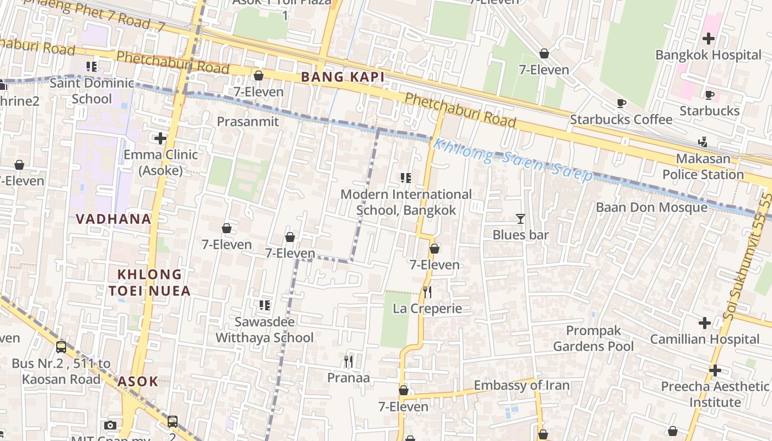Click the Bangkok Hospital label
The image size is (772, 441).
pos(708,55)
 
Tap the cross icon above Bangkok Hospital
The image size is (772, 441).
pos(709,39)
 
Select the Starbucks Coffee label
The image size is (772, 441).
pos(621,120)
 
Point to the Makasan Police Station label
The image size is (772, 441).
pos(703,166)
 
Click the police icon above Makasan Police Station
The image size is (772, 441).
pos(703,142)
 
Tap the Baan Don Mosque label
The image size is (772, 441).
pos(651,207)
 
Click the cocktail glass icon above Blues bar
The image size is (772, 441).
pos(520,219)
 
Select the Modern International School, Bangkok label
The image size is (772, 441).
pos(406,202)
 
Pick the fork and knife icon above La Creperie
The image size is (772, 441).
pos(427,292)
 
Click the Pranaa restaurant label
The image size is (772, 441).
pos(349,378)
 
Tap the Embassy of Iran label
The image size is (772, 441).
pos(521,385)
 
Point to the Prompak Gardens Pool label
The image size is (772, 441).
pos(593,338)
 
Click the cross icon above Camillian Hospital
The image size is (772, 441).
pos(704,322)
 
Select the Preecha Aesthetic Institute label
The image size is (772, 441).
pos(715,394)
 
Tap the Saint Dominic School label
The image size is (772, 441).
pos(92,91)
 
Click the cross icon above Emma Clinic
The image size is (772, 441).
pos(160,138)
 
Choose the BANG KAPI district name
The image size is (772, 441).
pos(342,77)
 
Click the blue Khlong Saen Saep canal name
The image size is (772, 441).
pos(512,160)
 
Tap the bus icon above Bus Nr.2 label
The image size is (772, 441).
pos(61,347)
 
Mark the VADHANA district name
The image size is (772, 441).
pos(114,219)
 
